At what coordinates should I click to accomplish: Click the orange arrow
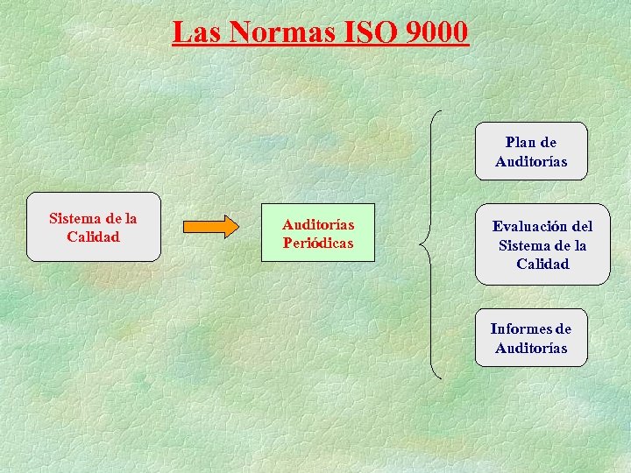pos(210,227)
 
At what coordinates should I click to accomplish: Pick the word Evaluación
pos(528,226)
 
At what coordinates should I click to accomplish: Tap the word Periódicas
pos(318,243)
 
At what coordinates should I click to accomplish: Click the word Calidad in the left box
pos(93,236)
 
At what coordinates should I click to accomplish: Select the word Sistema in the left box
pos(76,218)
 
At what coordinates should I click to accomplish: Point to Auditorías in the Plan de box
pos(531,161)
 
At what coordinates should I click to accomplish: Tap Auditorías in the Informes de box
pos(531,348)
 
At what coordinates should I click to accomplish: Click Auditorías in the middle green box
pos(318,224)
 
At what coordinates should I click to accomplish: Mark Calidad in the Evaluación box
pos(542,264)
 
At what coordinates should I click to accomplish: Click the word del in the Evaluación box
pos(580,226)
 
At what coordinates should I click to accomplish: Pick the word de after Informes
pos(563,328)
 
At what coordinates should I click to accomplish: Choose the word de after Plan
pos(548,142)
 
